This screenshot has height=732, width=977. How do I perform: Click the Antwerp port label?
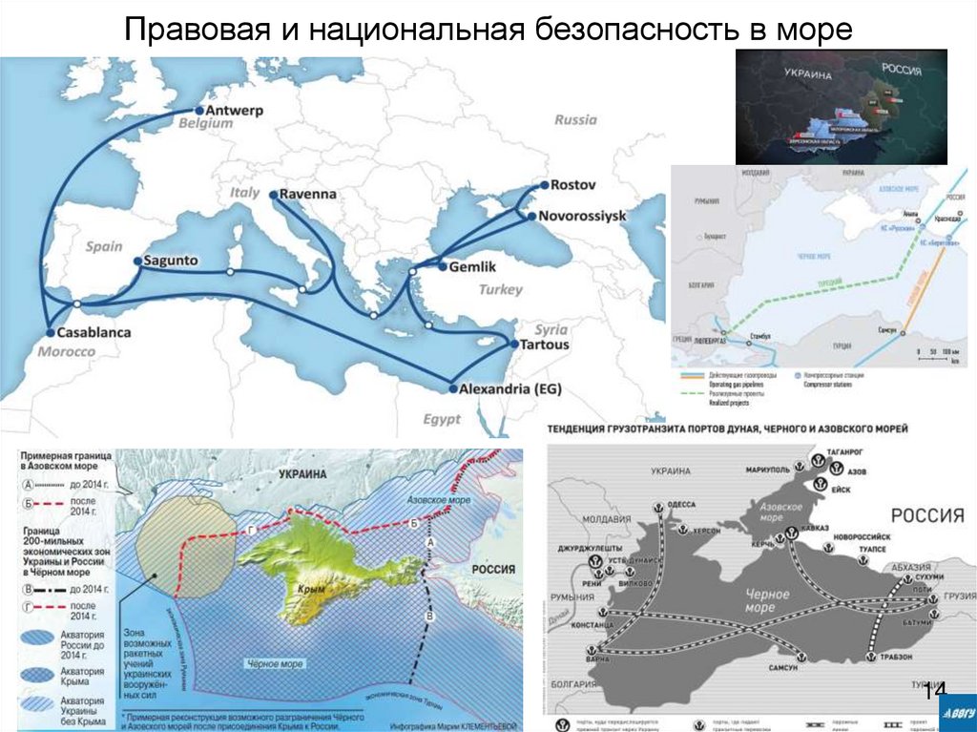pyautogui.click(x=234, y=110)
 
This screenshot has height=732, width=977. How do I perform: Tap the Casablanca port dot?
pyautogui.click(x=51, y=334)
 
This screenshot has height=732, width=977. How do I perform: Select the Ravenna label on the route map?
pyautogui.click(x=308, y=194)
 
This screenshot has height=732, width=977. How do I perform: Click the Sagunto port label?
pyautogui.click(x=172, y=260)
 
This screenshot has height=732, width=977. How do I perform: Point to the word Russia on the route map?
pyautogui.click(x=575, y=120)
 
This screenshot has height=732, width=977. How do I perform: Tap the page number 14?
pyautogui.click(x=934, y=690)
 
